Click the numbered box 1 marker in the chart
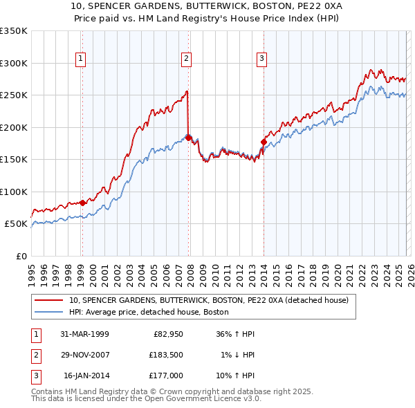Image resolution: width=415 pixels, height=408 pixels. coord(82,59)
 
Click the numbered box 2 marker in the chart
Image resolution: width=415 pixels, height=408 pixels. coord(187,59)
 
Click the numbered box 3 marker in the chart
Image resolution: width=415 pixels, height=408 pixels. coord(262,59)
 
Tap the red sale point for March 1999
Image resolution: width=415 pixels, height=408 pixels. coord(82,203)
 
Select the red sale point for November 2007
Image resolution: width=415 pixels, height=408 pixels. coord(188,138)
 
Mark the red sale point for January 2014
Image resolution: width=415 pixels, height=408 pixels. coord(264,142)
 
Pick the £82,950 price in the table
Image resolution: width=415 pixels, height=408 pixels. coord(167,334)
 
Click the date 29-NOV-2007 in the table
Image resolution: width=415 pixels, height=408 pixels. coord(84,355)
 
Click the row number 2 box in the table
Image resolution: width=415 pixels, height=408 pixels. coord(34,355)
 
